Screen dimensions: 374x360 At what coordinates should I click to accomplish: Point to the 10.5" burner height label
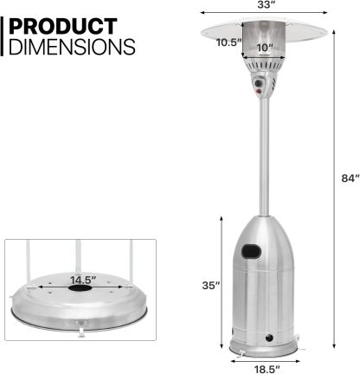click(x=228, y=42)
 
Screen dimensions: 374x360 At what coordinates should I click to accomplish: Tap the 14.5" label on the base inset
click(x=83, y=280)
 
